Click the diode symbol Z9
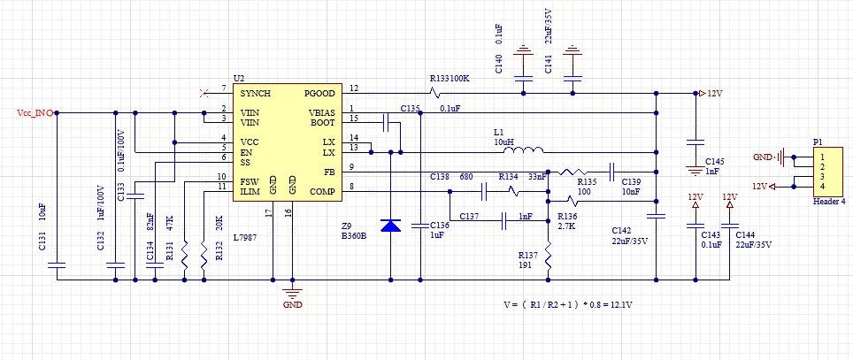390,226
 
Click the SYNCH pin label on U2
255,94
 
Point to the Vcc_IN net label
35,113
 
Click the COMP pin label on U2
322,191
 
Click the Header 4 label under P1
829,201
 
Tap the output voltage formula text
568,305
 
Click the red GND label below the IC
293,305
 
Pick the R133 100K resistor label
450,79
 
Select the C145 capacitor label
714,162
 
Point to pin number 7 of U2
224,88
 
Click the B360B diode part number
354,235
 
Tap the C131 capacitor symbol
57,265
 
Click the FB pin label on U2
330,172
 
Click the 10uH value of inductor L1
503,142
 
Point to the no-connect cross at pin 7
204,94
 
